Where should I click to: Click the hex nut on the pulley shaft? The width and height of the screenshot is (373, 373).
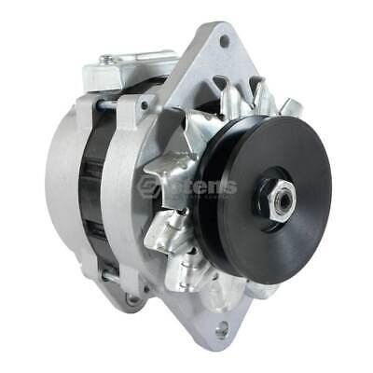click(x=279, y=196)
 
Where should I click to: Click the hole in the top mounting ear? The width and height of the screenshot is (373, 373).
click(x=224, y=41)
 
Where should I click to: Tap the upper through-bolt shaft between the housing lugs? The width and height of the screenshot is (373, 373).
click(x=109, y=104)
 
